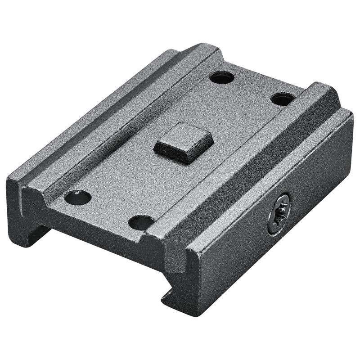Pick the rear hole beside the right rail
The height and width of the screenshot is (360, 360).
281,97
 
